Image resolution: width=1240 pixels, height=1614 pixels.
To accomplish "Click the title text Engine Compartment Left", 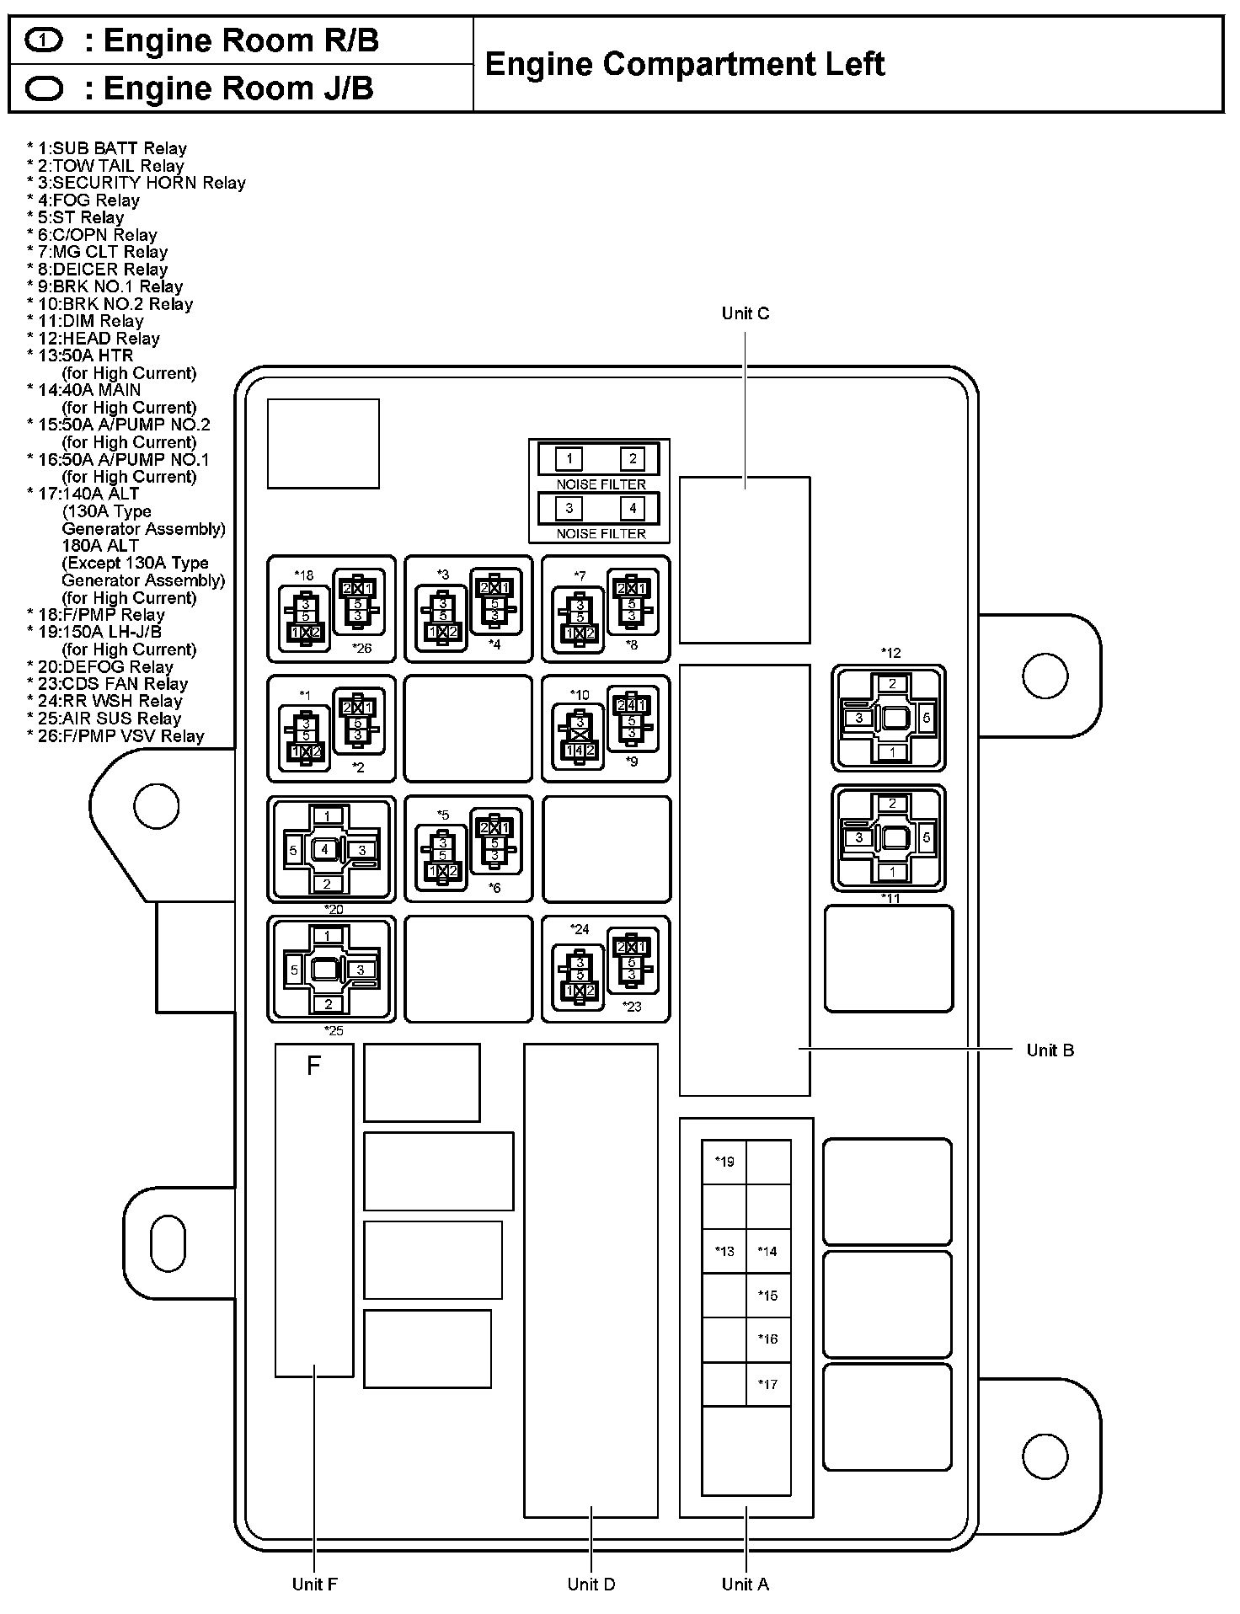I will (x=685, y=65).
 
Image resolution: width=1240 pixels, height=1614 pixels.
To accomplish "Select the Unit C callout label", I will (x=746, y=313).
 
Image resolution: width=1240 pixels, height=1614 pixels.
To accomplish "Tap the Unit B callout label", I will (x=1050, y=1050).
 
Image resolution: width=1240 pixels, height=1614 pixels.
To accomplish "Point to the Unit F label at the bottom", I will (x=314, y=1585).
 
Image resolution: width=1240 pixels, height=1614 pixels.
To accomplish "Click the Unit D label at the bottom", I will (x=591, y=1585).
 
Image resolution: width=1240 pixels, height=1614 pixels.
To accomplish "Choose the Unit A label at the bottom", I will (x=746, y=1585).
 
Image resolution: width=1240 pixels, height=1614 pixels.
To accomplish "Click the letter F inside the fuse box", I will (x=313, y=1066).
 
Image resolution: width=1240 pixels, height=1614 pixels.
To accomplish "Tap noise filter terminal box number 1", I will (x=569, y=459).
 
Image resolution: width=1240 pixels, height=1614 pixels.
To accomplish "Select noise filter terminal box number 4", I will (x=632, y=509).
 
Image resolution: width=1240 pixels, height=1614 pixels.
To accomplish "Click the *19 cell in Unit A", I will (x=724, y=1162).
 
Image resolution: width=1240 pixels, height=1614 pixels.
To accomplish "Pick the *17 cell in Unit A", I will (x=767, y=1384).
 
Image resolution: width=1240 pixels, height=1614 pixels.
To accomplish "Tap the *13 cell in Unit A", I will (x=724, y=1252).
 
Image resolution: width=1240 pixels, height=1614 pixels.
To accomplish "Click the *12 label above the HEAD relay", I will (x=890, y=653).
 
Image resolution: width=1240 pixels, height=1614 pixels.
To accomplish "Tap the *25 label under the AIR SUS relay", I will (x=334, y=1031).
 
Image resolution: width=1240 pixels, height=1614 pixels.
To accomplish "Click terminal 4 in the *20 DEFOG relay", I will (x=325, y=850).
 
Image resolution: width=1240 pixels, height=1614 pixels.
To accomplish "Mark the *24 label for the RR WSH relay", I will (x=580, y=929).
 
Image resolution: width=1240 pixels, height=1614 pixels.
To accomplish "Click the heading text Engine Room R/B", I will (x=241, y=40).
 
